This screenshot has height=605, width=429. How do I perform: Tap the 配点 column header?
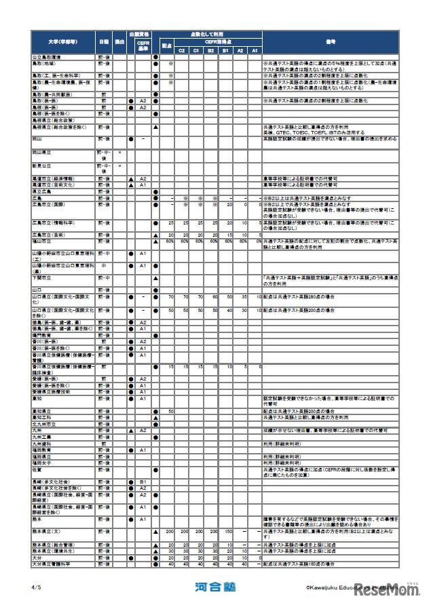[x=166, y=45]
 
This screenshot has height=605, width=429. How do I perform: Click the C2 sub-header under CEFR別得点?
[x=181, y=50]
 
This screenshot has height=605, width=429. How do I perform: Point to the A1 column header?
[x=255, y=50]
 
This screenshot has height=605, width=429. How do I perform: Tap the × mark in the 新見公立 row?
[x=119, y=165]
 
